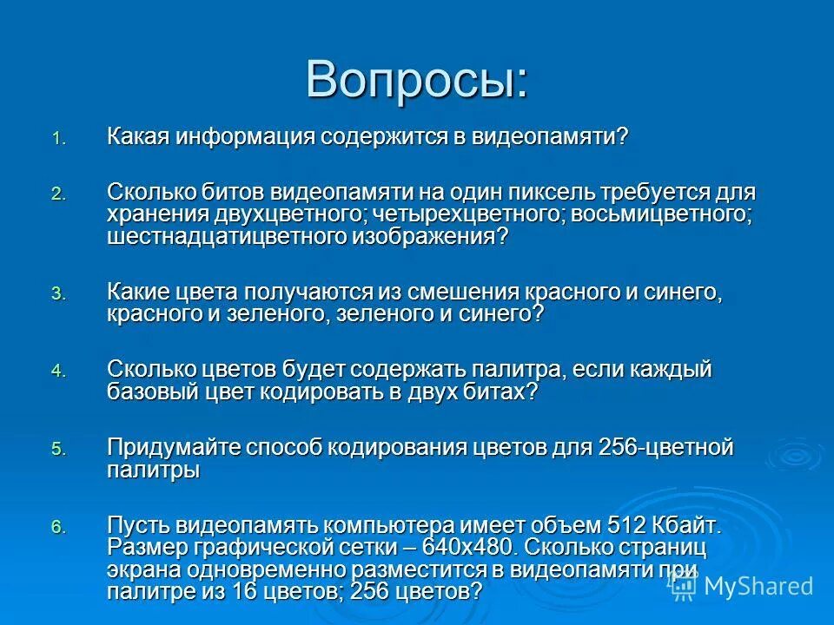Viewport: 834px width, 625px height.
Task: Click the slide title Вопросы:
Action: (x=416, y=80)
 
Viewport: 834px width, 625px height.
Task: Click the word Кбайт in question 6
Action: (x=687, y=525)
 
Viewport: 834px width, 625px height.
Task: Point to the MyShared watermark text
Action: (x=758, y=586)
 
